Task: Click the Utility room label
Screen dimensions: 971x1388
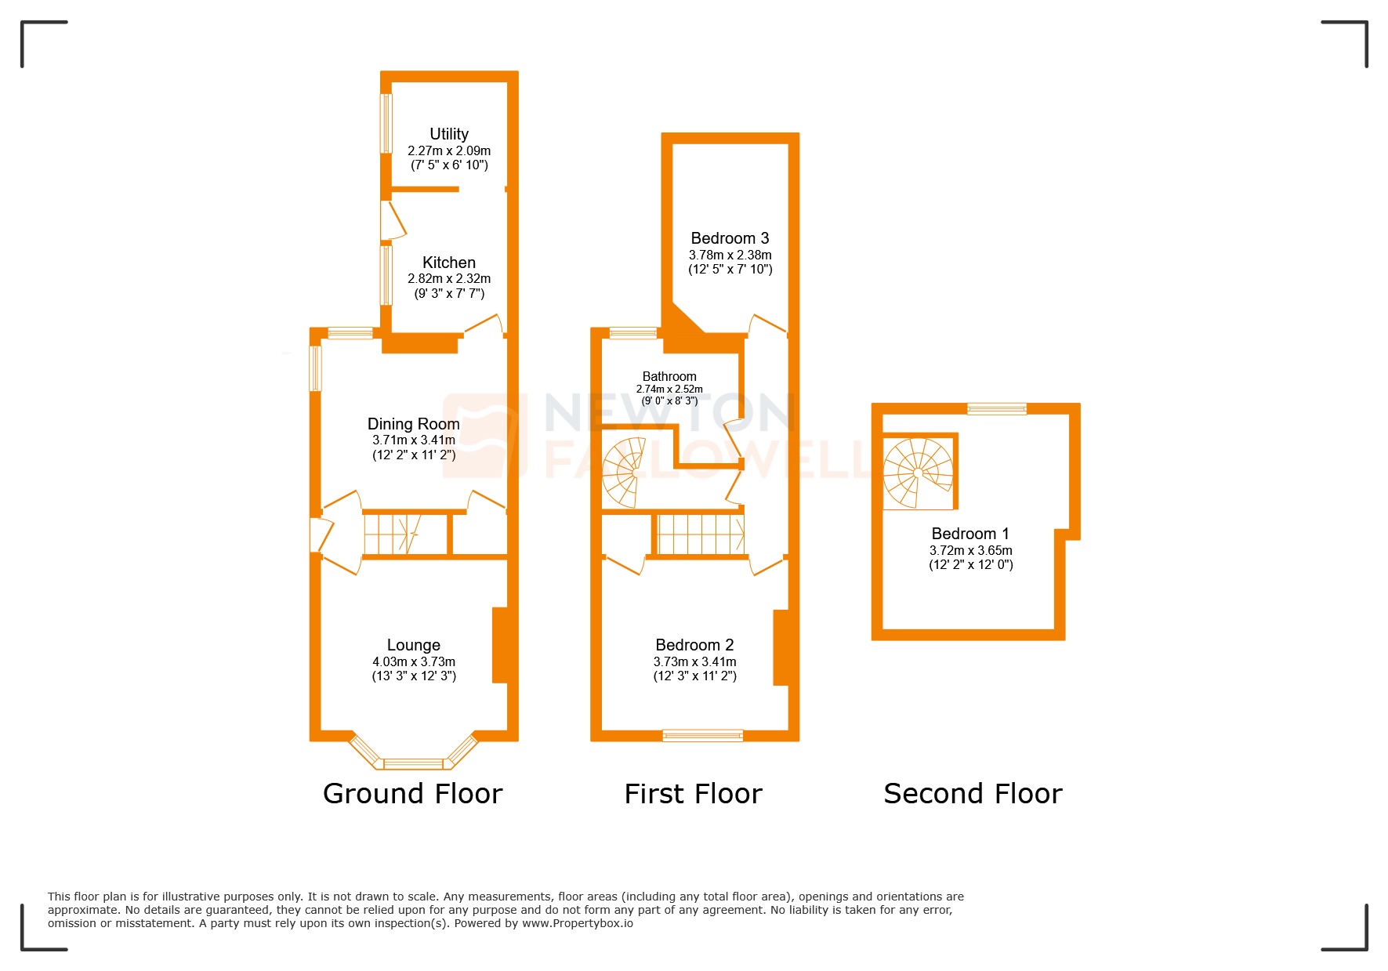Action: coord(448,134)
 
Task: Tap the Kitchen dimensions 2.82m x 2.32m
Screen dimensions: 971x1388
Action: coord(448,279)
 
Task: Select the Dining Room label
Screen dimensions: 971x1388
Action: coord(413,424)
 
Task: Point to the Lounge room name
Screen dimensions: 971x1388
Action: coord(413,645)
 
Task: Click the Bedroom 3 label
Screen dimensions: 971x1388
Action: coord(730,238)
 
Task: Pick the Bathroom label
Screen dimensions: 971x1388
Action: coord(669,377)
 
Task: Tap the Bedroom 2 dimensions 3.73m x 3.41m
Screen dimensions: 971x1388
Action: coord(694,662)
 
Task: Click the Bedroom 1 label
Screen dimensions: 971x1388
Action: coord(970,534)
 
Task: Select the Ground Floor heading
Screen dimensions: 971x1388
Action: coord(412,794)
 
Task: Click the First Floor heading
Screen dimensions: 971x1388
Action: coord(693,794)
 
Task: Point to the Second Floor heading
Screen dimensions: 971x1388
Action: coord(973,794)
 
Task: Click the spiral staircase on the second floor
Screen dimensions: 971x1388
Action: coord(918,473)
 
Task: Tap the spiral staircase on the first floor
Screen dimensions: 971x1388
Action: coord(625,472)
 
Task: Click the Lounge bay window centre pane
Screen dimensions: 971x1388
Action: coord(413,763)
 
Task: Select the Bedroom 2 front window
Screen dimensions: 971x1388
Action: coord(702,735)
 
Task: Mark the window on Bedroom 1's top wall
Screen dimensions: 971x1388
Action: coord(996,408)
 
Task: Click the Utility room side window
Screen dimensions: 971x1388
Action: coord(386,124)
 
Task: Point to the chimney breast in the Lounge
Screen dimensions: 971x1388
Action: coord(499,645)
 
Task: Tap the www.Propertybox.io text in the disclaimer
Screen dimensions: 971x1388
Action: coord(577,923)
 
